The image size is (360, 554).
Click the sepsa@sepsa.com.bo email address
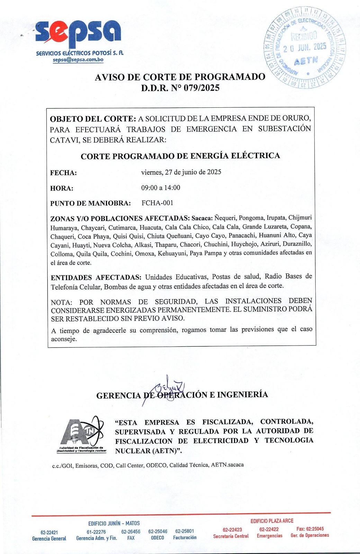click(x=78, y=60)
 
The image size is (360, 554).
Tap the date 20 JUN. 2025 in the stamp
click(x=305, y=47)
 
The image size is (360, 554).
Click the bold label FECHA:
click(x=63, y=173)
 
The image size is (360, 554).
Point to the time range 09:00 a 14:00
click(x=161, y=188)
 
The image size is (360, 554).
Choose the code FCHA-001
click(x=157, y=203)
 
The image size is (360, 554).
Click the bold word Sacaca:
click(x=202, y=218)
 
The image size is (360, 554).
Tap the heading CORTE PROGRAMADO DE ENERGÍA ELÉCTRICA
click(x=180, y=156)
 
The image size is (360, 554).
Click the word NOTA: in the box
click(x=61, y=302)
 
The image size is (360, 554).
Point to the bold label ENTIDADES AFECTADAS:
click(x=96, y=277)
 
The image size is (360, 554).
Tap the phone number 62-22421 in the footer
click(x=49, y=533)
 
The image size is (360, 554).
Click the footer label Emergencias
click(x=269, y=536)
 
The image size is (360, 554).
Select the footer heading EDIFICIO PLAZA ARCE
click(x=272, y=521)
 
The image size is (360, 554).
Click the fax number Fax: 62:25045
click(x=310, y=529)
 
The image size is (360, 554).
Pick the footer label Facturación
click(x=184, y=537)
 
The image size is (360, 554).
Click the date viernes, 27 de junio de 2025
click(x=181, y=172)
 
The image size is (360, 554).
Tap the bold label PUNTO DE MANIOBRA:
click(x=90, y=203)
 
